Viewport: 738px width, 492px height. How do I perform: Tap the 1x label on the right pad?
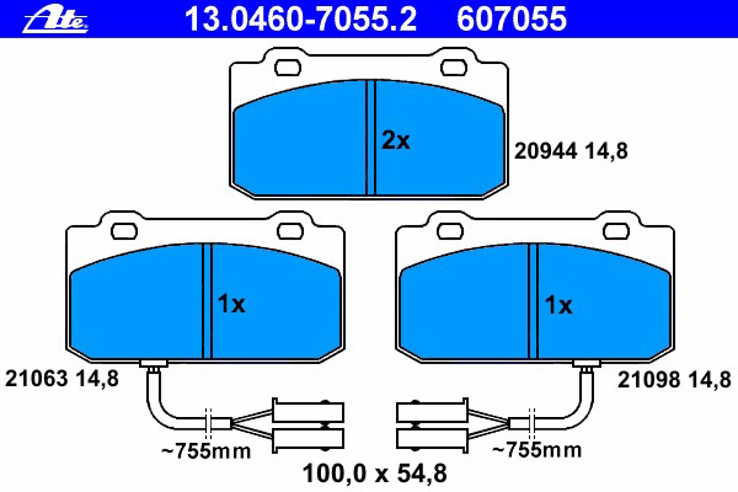[x=558, y=305]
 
